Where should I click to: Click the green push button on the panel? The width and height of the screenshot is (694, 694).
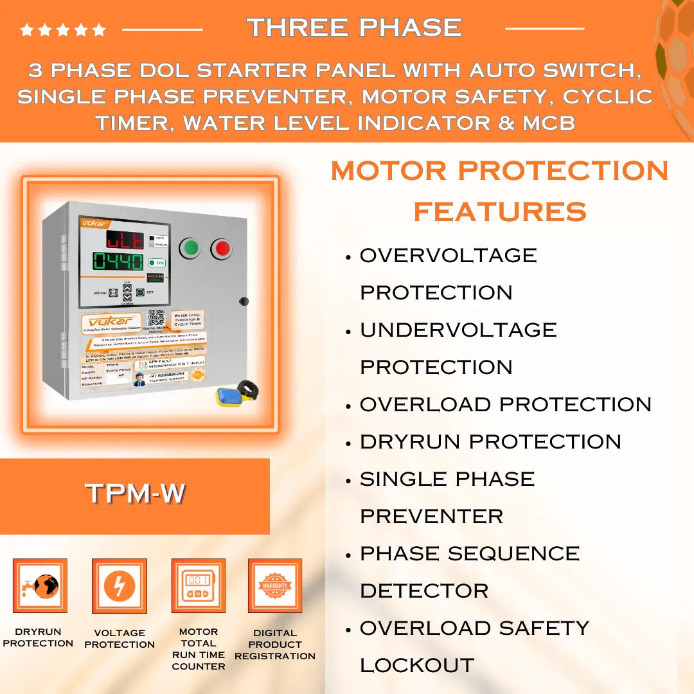[190, 248]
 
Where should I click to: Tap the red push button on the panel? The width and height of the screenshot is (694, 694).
[221, 248]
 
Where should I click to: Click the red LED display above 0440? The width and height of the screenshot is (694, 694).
[125, 239]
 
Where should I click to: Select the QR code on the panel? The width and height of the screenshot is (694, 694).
[156, 319]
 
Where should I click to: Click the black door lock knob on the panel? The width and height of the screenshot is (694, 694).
[244, 301]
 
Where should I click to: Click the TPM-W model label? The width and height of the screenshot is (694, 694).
[135, 493]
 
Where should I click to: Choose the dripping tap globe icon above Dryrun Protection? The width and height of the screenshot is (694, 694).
[40, 585]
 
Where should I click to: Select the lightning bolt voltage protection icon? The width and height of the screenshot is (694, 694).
[120, 585]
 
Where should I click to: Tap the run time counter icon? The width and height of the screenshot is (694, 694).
[198, 585]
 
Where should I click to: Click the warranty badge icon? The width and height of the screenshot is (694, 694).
[275, 585]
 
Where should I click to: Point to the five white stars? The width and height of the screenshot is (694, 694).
[63, 30]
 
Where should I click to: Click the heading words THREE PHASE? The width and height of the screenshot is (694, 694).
[354, 28]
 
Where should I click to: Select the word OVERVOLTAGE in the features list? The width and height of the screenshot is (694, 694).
[448, 255]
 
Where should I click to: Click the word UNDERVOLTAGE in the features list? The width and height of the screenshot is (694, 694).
[458, 330]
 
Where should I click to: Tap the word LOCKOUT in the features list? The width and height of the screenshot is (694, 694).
[417, 665]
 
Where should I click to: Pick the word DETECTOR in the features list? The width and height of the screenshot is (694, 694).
[424, 591]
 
